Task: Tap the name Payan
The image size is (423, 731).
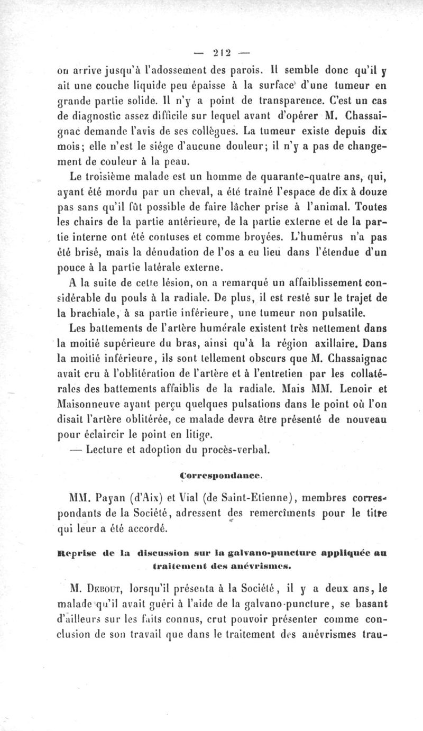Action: [x=99, y=497]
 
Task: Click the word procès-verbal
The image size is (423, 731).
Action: [x=228, y=451]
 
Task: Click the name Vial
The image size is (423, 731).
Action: [x=175, y=497]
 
